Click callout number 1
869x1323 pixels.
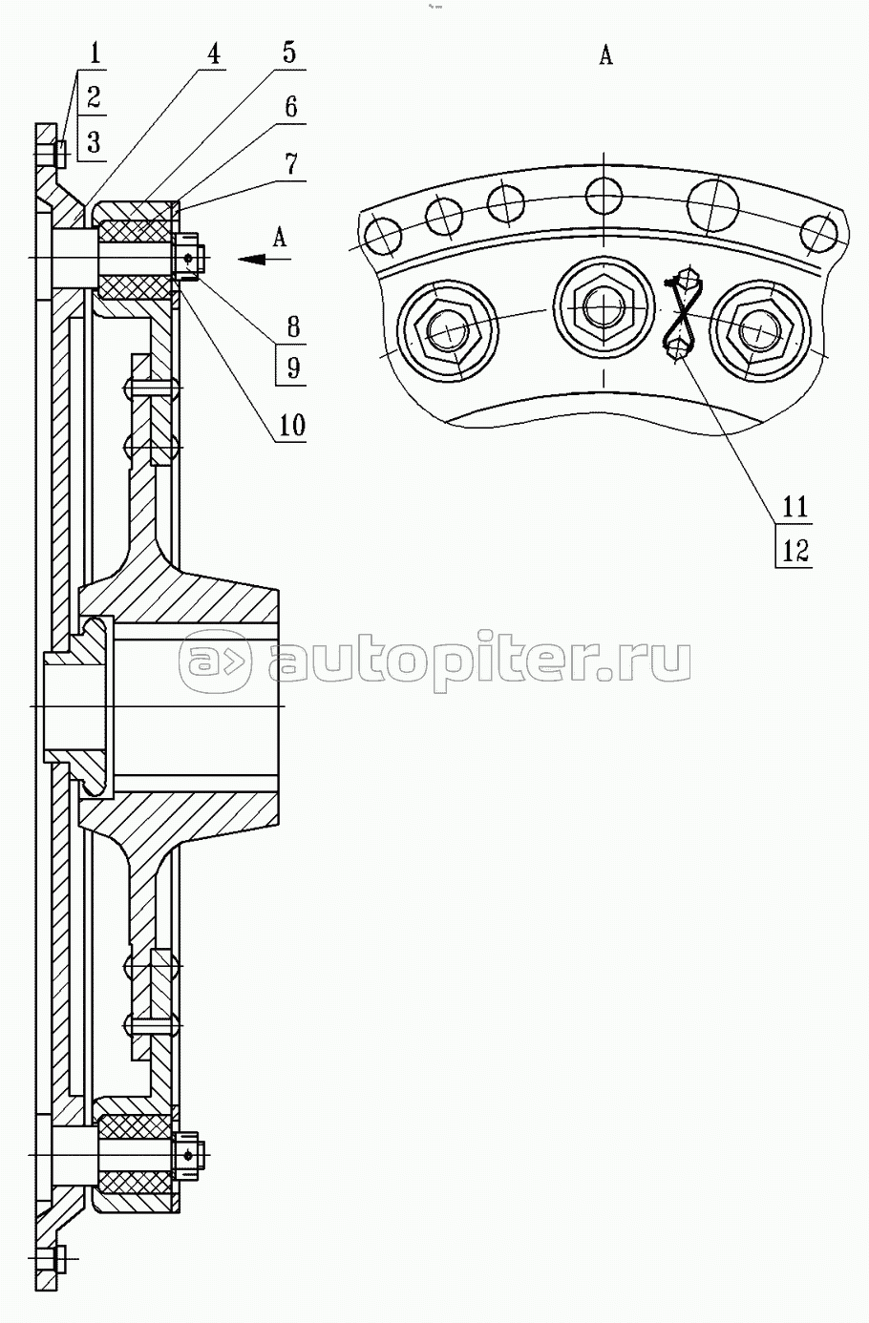pyautogui.click(x=95, y=53)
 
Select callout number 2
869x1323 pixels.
pyautogui.click(x=94, y=96)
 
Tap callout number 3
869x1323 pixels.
pyautogui.click(x=94, y=142)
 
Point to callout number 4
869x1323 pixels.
pyautogui.click(x=213, y=53)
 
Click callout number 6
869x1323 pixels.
pyautogui.click(x=290, y=107)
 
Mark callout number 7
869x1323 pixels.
pyautogui.click(x=290, y=163)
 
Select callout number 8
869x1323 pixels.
pyautogui.click(x=293, y=326)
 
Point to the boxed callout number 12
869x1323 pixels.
pyautogui.click(x=795, y=551)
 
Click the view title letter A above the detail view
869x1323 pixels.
pyautogui.click(x=605, y=55)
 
